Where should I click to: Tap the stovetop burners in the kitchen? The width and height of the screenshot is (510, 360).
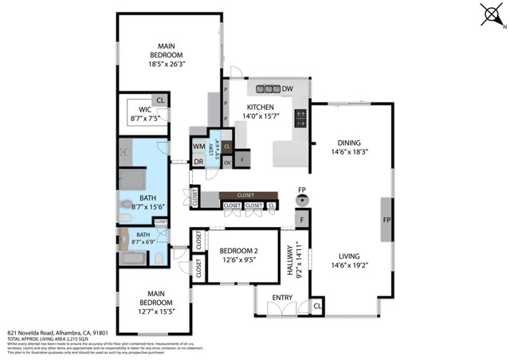[301, 119]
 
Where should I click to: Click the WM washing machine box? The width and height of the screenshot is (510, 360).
[198, 147]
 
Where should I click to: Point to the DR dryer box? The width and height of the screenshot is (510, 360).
[198, 162]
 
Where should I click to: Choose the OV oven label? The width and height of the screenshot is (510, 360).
[227, 162]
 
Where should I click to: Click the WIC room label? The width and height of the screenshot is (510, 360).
[144, 110]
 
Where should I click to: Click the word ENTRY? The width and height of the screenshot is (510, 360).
[282, 298]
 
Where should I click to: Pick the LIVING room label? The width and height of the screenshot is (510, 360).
[349, 256]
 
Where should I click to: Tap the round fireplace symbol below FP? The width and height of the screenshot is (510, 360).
[302, 201]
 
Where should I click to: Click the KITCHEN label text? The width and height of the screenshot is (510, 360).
[260, 107]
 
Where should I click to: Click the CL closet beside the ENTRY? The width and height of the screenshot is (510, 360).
[318, 306]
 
